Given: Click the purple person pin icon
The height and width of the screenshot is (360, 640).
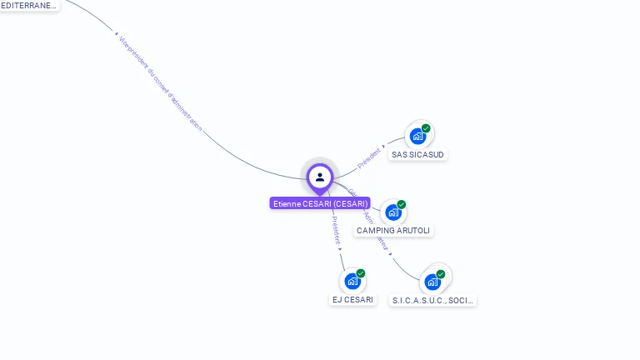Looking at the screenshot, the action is pyautogui.click(x=320, y=177).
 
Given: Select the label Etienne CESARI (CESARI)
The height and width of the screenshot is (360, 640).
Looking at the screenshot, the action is pyautogui.click(x=320, y=203).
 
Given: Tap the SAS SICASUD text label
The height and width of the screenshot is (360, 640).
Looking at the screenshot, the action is pyautogui.click(x=418, y=154).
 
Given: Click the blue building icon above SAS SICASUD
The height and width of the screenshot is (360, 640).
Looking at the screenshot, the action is pyautogui.click(x=417, y=136).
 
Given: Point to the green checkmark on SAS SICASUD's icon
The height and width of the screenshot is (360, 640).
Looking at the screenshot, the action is pyautogui.click(x=426, y=128).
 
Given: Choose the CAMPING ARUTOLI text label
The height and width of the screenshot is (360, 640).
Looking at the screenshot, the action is pyautogui.click(x=394, y=230).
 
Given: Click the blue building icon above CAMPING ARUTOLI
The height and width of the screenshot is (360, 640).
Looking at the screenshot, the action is pyautogui.click(x=393, y=212).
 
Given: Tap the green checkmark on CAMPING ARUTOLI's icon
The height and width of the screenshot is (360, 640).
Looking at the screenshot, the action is pyautogui.click(x=402, y=205).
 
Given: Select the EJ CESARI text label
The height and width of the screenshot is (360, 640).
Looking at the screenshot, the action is pyautogui.click(x=353, y=299).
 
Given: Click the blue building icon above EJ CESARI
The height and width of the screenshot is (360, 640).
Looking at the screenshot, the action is pyautogui.click(x=352, y=282).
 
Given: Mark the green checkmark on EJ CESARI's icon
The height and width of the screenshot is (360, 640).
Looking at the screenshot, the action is pyautogui.click(x=361, y=273).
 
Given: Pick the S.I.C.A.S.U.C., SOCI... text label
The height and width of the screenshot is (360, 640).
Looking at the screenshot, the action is pyautogui.click(x=433, y=300).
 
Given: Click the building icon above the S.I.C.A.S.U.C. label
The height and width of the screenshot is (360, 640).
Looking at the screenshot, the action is pyautogui.click(x=432, y=282).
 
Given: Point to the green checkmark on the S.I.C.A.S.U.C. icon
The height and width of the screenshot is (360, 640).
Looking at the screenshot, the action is pyautogui.click(x=441, y=274).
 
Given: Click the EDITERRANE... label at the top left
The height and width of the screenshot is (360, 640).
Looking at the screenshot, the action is pyautogui.click(x=29, y=5).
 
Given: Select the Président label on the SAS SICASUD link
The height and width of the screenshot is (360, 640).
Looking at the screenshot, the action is pyautogui.click(x=368, y=158).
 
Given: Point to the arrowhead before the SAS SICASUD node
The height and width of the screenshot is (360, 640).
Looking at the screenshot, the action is pyautogui.click(x=384, y=148).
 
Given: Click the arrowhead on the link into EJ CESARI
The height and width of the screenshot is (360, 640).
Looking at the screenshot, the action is pyautogui.click(x=340, y=248).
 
